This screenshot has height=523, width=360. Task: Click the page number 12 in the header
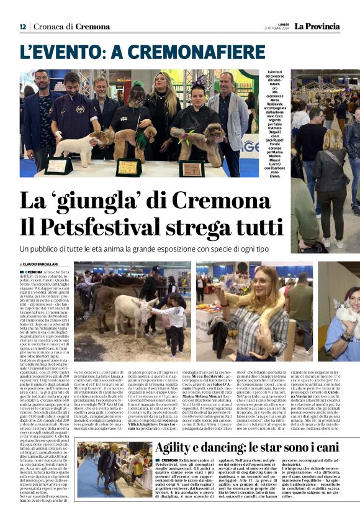[22, 27]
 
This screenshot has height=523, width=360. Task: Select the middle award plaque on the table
[129, 166]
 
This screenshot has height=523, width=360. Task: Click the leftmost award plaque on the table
[58, 166]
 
